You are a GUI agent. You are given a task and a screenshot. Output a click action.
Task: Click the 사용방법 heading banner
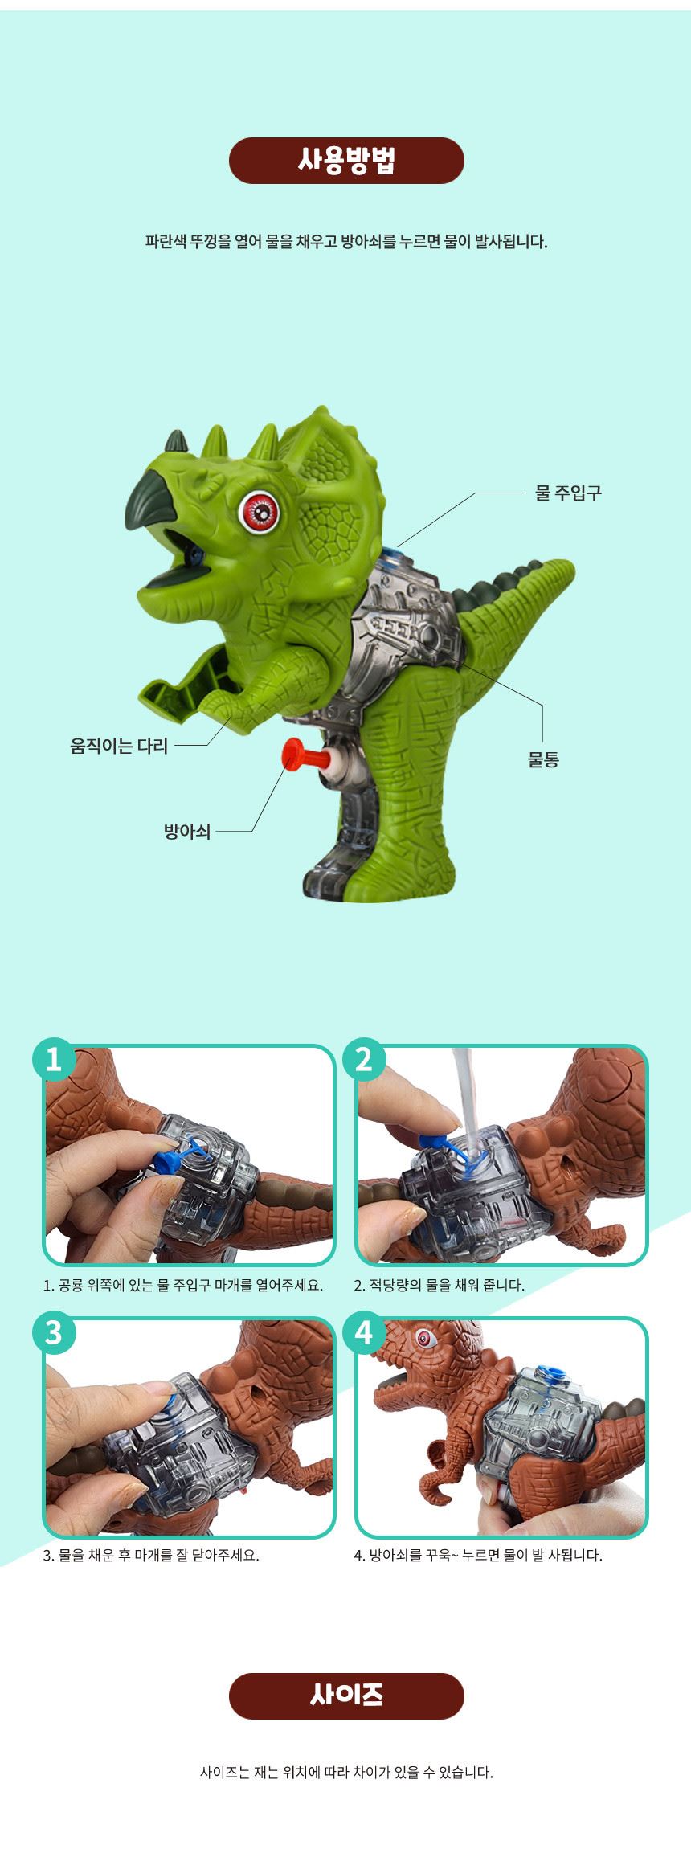coord(346,161)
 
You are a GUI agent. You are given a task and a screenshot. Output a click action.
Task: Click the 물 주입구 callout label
coord(568,493)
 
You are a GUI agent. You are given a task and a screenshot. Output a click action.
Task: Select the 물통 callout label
coord(543,759)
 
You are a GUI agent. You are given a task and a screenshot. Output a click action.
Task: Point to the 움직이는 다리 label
coord(119,746)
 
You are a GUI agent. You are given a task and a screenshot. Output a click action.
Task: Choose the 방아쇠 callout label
coord(187,831)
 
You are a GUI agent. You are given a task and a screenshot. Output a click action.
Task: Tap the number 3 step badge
coord(54,1332)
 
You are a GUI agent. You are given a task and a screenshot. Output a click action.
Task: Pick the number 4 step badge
coord(364,1332)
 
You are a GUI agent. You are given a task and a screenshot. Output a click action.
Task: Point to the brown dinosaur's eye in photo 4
coord(424,1338)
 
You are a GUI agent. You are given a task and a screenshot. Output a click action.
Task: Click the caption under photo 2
coord(440,1285)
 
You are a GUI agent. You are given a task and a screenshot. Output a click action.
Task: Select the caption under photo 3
coord(151,1555)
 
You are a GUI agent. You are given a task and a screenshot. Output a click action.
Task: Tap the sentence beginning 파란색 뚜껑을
coord(346,241)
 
